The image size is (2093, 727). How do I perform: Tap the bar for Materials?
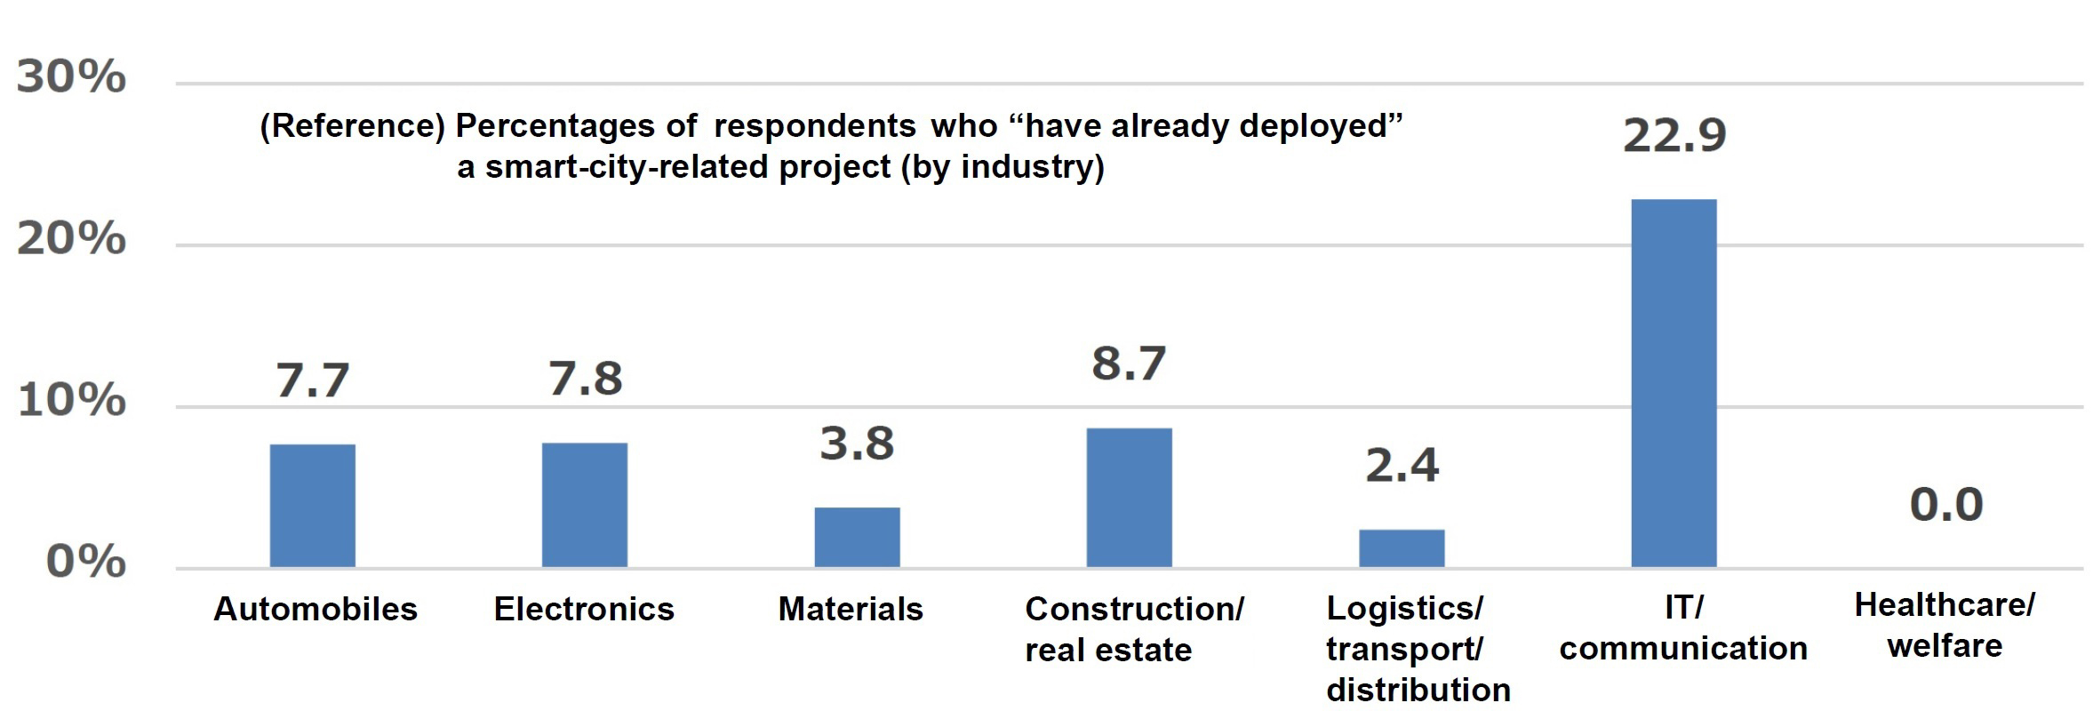tap(857, 537)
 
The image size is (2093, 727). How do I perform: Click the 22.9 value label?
tap(1674, 136)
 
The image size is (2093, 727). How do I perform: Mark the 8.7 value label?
tap(1129, 363)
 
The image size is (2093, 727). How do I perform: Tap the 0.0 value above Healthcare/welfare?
tap(1946, 505)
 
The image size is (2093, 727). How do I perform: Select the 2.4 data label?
tap(1402, 466)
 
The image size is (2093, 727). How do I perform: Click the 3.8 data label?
tap(857, 443)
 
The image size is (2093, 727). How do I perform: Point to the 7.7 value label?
tap(312, 380)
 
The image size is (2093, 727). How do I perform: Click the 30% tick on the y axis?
tap(71, 77)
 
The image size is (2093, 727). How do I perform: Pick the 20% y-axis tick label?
tap(71, 239)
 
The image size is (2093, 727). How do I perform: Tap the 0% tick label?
tap(85, 562)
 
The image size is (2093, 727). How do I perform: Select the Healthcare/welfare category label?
tap(1945, 625)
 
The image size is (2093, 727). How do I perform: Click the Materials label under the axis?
tap(851, 609)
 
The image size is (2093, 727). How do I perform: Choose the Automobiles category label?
tap(316, 609)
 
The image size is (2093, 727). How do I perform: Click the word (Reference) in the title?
tap(352, 126)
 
